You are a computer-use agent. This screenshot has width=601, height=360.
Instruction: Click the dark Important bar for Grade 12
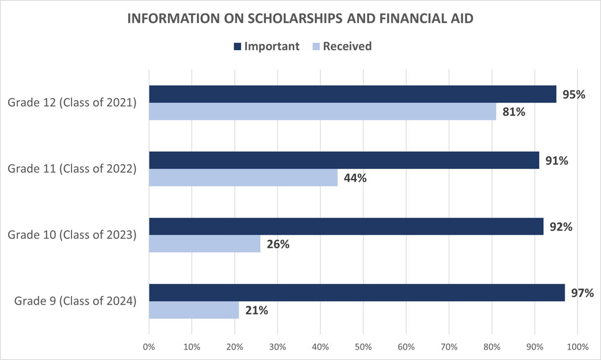pos(352,94)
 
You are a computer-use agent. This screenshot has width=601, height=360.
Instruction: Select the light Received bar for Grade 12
pos(322,111)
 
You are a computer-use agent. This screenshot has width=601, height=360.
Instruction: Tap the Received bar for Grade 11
pos(243,178)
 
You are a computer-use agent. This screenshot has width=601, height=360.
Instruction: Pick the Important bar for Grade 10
pos(346,226)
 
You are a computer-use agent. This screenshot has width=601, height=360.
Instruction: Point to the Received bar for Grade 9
pos(194,310)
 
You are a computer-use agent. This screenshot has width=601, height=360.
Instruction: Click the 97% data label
pos(582,293)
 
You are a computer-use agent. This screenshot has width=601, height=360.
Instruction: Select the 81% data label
pos(513,112)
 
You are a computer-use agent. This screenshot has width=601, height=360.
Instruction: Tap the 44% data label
pos(355,178)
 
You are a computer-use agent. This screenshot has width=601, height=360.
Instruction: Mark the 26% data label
pos(277,244)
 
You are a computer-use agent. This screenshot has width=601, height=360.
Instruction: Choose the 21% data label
pos(256,310)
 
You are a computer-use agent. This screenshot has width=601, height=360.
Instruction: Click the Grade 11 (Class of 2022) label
pos(72,169)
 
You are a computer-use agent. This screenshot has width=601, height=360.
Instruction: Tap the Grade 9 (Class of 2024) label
pos(75,301)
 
